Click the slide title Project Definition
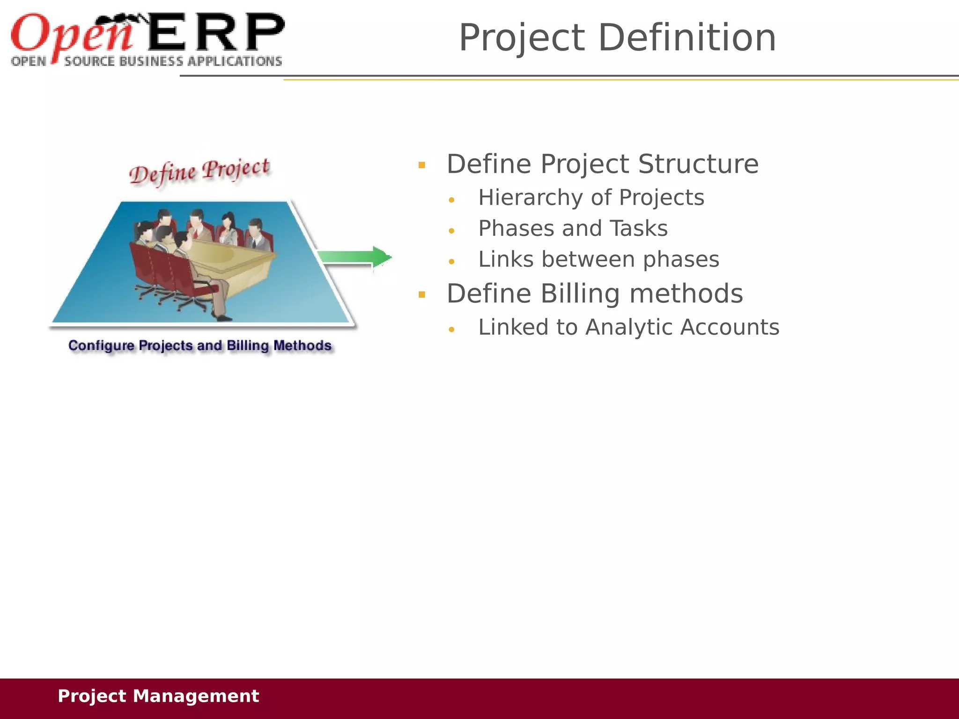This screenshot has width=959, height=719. point(617,37)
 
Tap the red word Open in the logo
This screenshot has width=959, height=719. point(70,34)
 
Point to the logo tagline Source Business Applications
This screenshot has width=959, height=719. point(172,61)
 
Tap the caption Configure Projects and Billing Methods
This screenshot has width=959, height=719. point(200,346)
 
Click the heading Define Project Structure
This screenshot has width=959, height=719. point(602,164)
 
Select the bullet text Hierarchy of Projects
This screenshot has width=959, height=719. point(591,198)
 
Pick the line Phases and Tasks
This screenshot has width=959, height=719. point(573,228)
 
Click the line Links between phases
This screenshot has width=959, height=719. point(598,259)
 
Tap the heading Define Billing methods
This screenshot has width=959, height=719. point(595,294)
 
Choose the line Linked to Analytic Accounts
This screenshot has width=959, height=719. point(628,327)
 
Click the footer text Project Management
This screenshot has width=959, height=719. point(158,696)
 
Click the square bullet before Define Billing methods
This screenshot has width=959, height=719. point(422,295)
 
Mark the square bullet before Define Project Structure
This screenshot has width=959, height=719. point(422,165)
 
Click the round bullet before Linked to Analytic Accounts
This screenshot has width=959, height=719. point(451,330)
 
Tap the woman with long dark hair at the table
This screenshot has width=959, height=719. point(228,228)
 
